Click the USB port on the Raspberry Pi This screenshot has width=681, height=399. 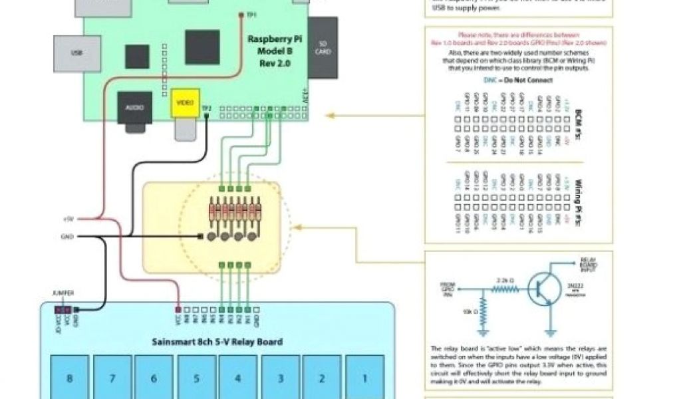click(77, 53)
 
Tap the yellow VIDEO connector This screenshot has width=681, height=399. click(184, 103)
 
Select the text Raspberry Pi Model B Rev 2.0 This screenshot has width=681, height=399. click(273, 51)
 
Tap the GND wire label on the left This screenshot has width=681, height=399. click(68, 236)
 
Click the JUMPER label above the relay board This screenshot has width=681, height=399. click(65, 293)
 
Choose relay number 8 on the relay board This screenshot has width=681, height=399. click(69, 378)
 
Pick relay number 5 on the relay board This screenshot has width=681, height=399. click(196, 378)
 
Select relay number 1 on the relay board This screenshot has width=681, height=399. click(364, 378)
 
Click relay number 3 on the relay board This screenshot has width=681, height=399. click(280, 378)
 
